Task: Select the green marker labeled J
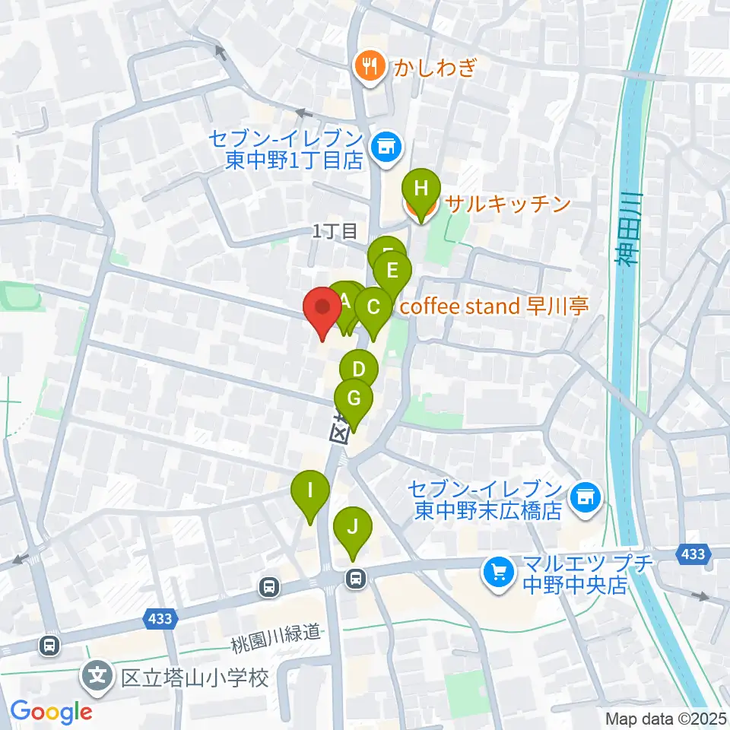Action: click(x=352, y=526)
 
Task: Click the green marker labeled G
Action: click(x=354, y=398)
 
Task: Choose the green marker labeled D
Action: click(x=359, y=370)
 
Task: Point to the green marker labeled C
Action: click(x=373, y=307)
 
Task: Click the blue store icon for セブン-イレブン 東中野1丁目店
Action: click(x=386, y=145)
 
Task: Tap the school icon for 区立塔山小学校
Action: click(x=99, y=674)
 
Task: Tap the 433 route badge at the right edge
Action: click(x=693, y=554)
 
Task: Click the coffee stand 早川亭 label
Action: click(x=494, y=306)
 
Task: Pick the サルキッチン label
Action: click(x=507, y=204)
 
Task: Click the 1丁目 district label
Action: click(x=335, y=231)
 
